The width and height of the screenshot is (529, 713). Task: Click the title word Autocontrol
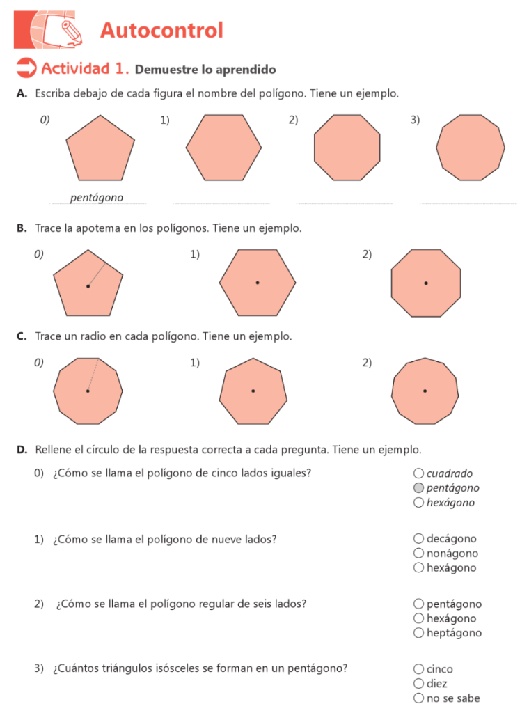coord(161,31)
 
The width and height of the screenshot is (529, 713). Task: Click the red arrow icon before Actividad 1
coord(26,68)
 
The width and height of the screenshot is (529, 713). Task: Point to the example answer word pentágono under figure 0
coord(97,198)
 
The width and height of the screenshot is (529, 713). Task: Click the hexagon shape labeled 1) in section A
coord(223,147)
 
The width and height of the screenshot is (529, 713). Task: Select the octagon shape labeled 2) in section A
coord(347,147)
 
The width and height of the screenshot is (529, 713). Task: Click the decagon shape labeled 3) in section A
coord(471,147)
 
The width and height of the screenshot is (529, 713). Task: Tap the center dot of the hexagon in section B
coord(258,283)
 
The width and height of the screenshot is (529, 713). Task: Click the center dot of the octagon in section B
coord(426,283)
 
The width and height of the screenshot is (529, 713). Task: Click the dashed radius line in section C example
coord(93,375)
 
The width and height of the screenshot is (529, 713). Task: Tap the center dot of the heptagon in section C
coord(253,391)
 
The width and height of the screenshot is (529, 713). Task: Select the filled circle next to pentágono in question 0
coord(418,488)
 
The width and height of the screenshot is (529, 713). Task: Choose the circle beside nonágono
coord(418,554)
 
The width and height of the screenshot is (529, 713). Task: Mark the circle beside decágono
coord(418,538)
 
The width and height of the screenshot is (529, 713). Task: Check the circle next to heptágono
coord(418,633)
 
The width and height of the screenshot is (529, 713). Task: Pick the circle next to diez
coord(418,684)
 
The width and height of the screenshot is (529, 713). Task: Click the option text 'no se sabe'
coord(453,698)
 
